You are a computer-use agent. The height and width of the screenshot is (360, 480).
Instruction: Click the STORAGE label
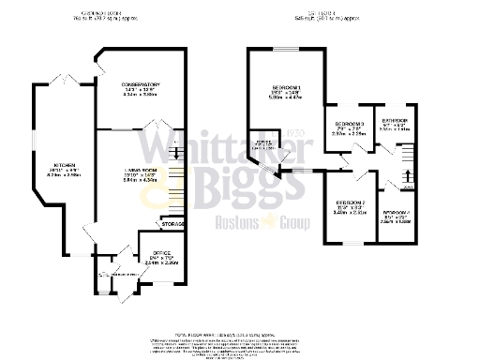[172, 224]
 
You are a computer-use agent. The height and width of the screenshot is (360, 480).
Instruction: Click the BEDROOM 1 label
[285, 86]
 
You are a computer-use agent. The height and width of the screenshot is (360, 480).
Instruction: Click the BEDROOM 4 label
[397, 212]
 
